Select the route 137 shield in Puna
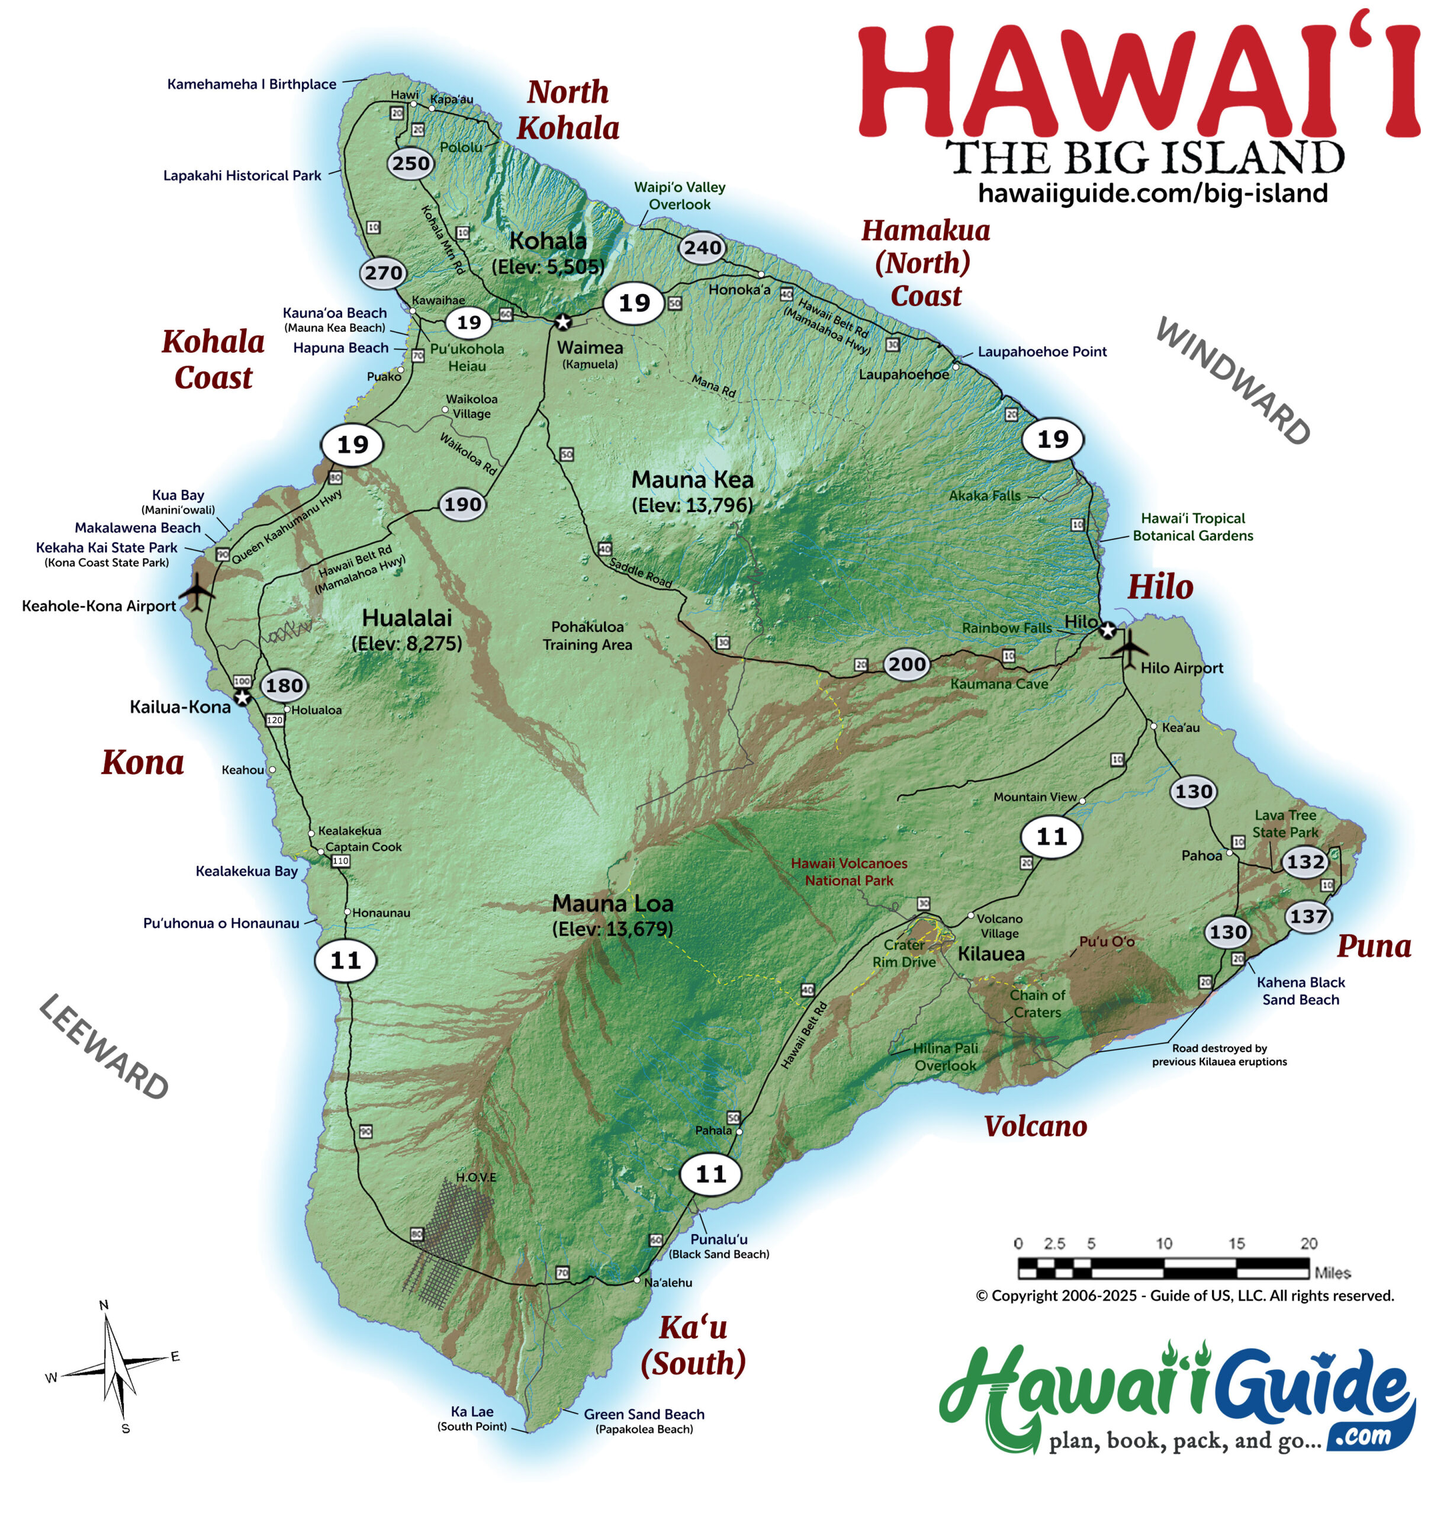(x=1308, y=917)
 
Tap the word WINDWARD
(x=1232, y=381)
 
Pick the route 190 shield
(x=462, y=505)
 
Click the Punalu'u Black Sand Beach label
(x=719, y=1246)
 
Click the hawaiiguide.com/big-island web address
(x=1152, y=193)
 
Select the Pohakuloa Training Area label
(x=587, y=635)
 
